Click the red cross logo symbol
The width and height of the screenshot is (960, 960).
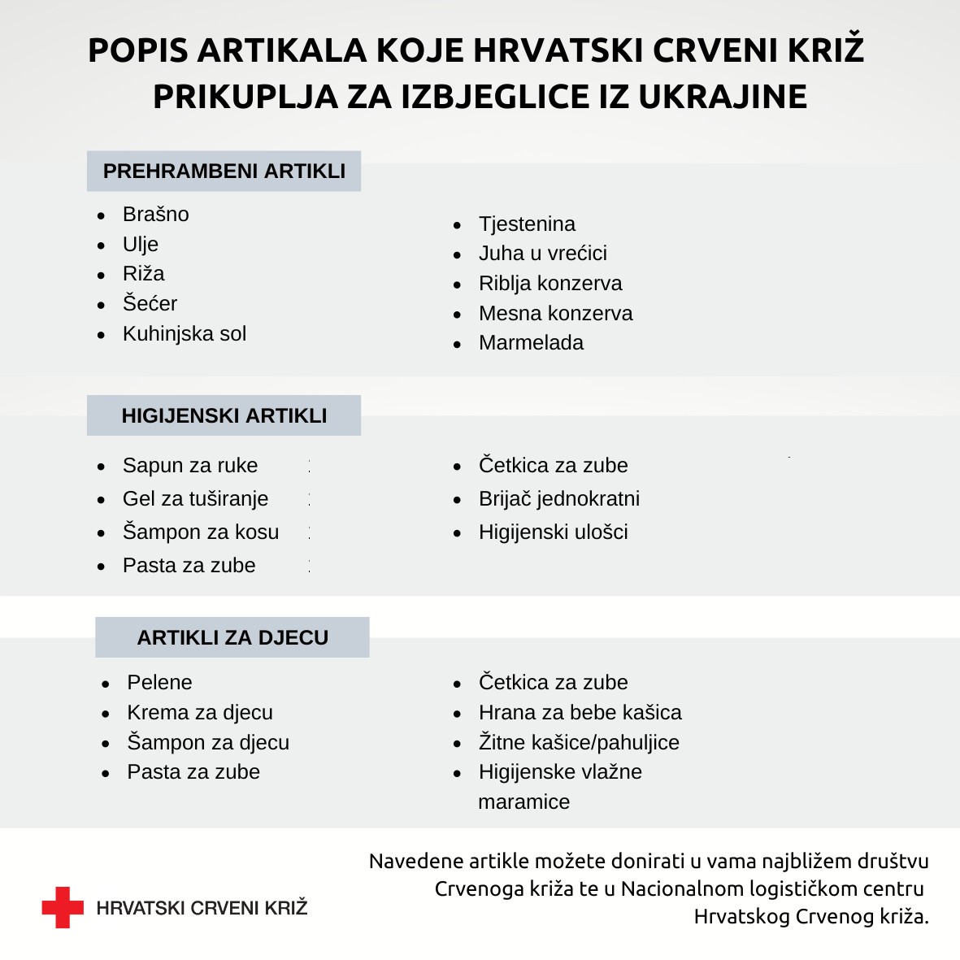pyautogui.click(x=63, y=907)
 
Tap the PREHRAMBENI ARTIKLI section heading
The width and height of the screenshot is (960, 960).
pyautogui.click(x=224, y=172)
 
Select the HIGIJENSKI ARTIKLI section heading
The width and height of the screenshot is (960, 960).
pyautogui.click(x=224, y=416)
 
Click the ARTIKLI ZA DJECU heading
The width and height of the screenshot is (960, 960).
pyautogui.click(x=232, y=637)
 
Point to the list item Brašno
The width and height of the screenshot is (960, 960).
pyautogui.click(x=155, y=215)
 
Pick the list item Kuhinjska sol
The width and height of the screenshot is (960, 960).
pyautogui.click(x=184, y=334)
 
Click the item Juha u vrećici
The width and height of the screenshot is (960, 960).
pyautogui.click(x=542, y=254)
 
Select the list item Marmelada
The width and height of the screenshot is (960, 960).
pyautogui.click(x=531, y=343)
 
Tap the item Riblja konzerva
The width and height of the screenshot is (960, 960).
pyautogui.click(x=550, y=284)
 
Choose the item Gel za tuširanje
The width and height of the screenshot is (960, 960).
pyautogui.click(x=195, y=499)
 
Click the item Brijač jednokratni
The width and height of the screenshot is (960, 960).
pyautogui.click(x=558, y=499)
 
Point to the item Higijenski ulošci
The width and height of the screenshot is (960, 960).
pyautogui.click(x=553, y=532)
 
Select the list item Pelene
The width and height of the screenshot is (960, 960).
pyautogui.click(x=159, y=683)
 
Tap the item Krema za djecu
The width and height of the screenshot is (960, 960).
pyautogui.click(x=199, y=713)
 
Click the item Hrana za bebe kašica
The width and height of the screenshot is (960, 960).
pyautogui.click(x=580, y=713)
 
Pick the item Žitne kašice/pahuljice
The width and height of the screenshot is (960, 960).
pyautogui.click(x=579, y=743)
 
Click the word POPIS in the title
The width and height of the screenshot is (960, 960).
pyautogui.click(x=137, y=50)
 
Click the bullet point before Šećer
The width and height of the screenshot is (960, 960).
pyautogui.click(x=101, y=306)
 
